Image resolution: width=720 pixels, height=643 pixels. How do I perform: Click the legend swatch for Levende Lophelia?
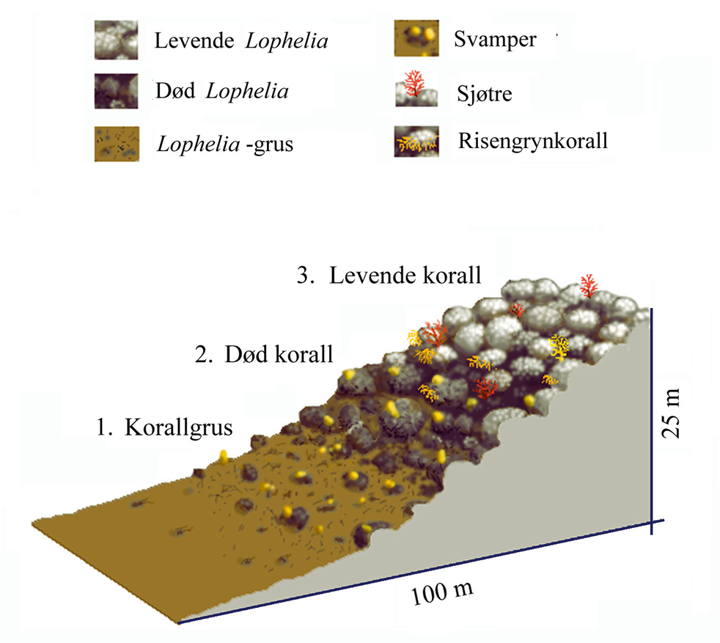click(x=116, y=40)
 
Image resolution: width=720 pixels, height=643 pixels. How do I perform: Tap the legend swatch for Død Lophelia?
click(x=116, y=91)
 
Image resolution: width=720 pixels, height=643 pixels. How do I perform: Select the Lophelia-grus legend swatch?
click(x=117, y=144)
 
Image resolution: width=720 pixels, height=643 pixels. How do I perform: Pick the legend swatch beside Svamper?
click(x=416, y=38)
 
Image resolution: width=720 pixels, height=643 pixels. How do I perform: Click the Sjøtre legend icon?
click(x=416, y=89)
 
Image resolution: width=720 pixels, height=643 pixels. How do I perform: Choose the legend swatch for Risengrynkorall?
click(x=416, y=142)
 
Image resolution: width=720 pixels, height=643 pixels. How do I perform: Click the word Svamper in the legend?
click(x=495, y=40)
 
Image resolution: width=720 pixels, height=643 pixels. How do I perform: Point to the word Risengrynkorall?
click(x=532, y=141)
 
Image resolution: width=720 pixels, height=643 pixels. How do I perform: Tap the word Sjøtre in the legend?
click(x=485, y=94)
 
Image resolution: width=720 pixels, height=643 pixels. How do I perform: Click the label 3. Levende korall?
click(x=389, y=276)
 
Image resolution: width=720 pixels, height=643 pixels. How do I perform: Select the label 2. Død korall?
click(x=264, y=354)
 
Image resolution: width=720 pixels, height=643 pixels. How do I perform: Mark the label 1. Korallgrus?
click(x=164, y=427)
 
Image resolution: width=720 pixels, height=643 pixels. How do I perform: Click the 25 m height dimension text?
click(x=671, y=413)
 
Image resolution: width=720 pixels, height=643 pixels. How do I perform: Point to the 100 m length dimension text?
click(x=442, y=592)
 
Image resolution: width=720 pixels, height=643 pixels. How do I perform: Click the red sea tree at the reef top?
click(x=588, y=286)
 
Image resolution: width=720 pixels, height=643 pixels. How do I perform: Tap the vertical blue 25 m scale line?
click(x=652, y=421)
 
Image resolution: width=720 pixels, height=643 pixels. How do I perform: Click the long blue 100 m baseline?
click(x=421, y=572)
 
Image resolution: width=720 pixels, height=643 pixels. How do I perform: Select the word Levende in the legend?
click(x=194, y=40)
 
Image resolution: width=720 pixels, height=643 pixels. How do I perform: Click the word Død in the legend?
click(x=175, y=90)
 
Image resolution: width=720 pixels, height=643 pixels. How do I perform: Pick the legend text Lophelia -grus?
click(x=225, y=144)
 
